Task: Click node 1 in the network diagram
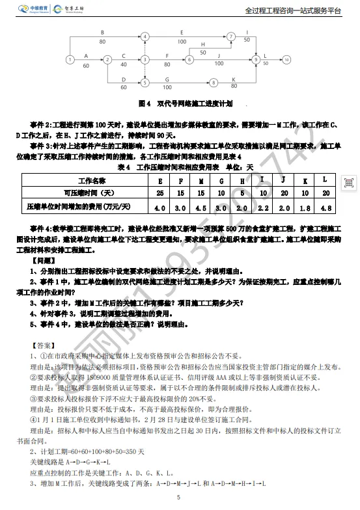[70, 60]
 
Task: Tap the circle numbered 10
[286, 59]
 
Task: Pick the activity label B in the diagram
[102, 31]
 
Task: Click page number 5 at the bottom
[177, 498]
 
